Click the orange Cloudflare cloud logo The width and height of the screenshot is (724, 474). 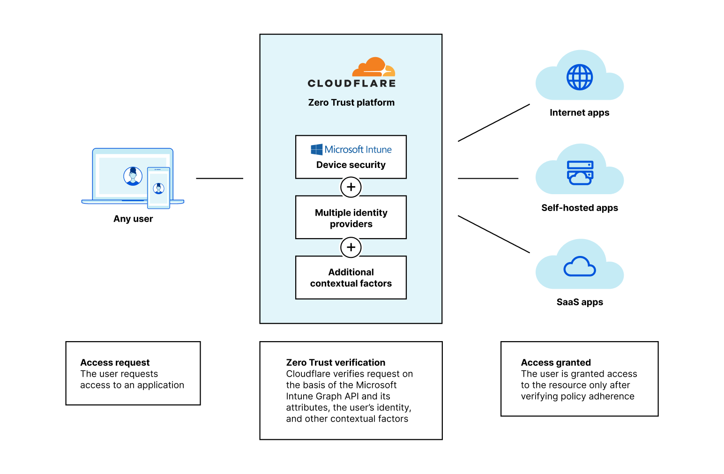(373, 67)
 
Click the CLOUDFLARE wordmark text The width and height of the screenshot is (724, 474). (351, 84)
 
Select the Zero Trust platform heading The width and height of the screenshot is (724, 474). (351, 102)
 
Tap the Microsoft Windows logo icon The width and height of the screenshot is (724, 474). (316, 149)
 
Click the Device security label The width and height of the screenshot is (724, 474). (351, 165)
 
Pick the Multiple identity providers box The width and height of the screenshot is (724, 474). (351, 218)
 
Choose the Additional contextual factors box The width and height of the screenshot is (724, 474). (351, 277)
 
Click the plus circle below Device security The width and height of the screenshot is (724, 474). (351, 187)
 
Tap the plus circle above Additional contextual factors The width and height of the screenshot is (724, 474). (351, 248)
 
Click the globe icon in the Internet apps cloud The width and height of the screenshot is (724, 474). (580, 77)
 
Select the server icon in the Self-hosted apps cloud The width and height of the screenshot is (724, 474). (580, 173)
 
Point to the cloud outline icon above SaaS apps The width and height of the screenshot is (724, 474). (580, 267)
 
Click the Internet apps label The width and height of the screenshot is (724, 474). (579, 113)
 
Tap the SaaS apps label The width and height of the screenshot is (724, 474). (580, 302)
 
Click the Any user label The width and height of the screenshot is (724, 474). (133, 219)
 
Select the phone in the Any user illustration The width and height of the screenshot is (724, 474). (158, 188)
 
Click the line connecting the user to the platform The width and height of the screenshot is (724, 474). (219, 178)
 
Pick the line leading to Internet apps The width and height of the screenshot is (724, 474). (493, 123)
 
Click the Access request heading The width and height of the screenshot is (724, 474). (115, 363)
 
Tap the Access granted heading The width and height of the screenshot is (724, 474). (556, 363)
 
